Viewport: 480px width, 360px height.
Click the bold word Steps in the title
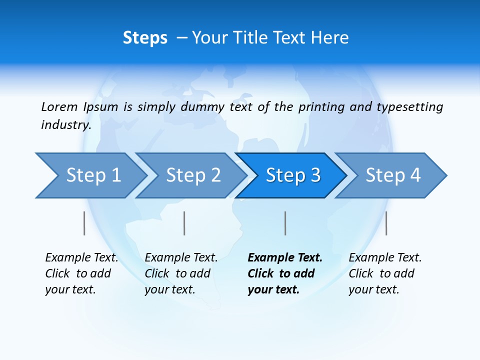coord(145,38)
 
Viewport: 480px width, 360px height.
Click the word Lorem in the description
coord(59,106)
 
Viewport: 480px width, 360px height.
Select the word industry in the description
coord(65,124)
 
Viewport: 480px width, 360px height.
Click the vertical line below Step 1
coord(84,223)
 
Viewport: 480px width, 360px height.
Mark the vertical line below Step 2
coord(184,223)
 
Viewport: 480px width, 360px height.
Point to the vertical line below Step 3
coord(285,223)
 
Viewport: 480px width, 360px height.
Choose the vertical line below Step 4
coord(386,223)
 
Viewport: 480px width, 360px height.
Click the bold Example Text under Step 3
coord(285,258)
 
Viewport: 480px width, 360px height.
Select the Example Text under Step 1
coord(81,258)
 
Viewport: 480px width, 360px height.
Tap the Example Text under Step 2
coord(181,258)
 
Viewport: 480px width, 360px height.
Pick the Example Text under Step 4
coord(385,258)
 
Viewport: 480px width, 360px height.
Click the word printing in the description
coord(321,107)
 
